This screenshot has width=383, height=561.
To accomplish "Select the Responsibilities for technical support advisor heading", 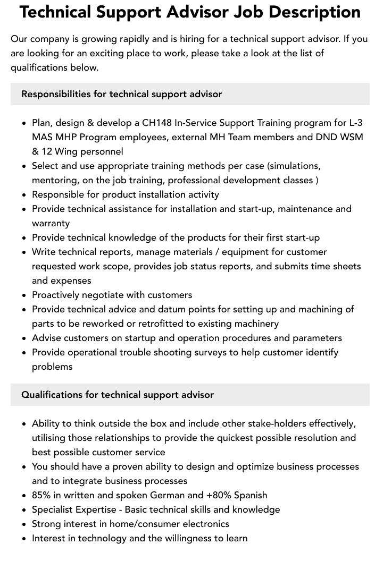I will coord(121,94).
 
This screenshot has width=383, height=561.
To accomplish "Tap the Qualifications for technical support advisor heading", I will coord(117,395).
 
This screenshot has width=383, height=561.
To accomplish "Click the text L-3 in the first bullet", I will coord(356,123).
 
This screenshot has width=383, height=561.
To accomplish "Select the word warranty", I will coord(51,223).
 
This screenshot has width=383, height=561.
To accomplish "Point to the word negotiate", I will coord(104,295).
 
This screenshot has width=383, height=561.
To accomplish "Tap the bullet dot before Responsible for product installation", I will coord(24,195).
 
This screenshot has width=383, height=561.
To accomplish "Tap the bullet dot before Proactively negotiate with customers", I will coord(24,295).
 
